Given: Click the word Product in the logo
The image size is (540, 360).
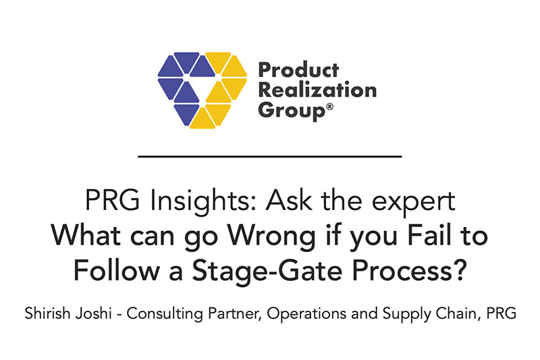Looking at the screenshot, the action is coord(298,70).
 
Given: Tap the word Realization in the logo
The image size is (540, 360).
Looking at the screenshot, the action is coord(317,90).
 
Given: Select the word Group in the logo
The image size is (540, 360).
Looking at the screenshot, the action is coord(291,111).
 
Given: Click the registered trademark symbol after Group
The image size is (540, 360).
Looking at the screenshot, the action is coord(329,107).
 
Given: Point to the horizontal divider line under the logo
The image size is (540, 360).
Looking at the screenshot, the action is coord(270,157).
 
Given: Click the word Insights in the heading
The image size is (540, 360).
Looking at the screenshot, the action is coord(199,201).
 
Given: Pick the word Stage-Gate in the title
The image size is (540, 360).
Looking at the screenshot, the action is coord(267,272).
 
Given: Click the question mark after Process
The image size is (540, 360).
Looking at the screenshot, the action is coord(460,270).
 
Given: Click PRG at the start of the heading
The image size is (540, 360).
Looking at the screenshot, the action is coord(112,201).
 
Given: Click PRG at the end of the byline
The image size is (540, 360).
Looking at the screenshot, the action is coord(501,313).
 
